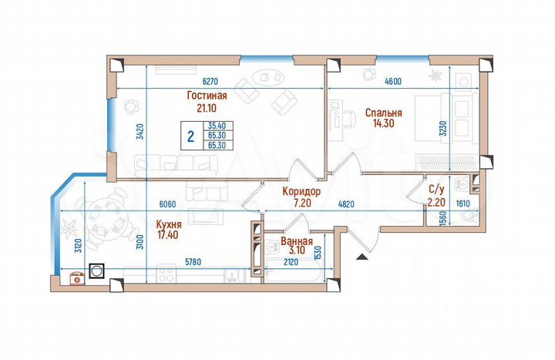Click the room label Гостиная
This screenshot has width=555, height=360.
pyautogui.click(x=207, y=96)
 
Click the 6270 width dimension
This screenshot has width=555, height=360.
pyautogui.click(x=214, y=81)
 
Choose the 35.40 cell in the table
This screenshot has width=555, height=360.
pyautogui.click(x=217, y=125)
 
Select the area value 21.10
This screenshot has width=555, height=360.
pyautogui.click(x=207, y=108)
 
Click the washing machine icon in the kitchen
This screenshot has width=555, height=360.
pyautogui.click(x=98, y=271)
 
